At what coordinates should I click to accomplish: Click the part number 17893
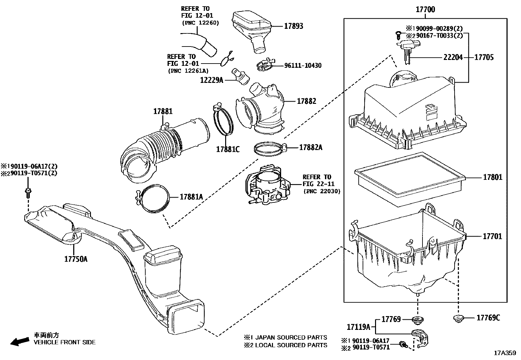coord(293,26)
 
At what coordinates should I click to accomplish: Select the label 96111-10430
coord(302,66)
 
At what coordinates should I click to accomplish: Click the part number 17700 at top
coord(425,9)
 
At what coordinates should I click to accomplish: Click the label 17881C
coord(228,149)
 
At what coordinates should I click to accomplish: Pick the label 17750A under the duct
coord(76,259)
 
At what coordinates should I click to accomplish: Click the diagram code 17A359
coord(505,353)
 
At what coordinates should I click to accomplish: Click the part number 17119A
coord(358,327)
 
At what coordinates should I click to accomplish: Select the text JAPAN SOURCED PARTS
coord(291,337)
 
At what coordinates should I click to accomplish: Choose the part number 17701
coord(492,236)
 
